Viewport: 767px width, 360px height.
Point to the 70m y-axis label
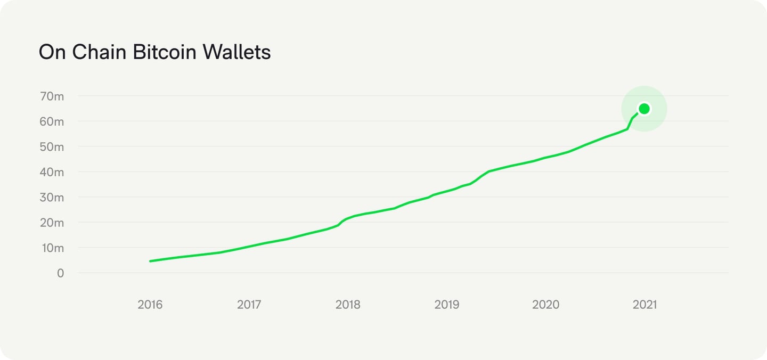tap(52, 96)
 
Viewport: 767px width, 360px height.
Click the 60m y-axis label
tap(52, 121)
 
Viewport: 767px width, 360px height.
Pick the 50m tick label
tap(52, 147)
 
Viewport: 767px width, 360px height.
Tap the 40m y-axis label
tap(52, 172)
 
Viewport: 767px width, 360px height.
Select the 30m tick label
tap(52, 198)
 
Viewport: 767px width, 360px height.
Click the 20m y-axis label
tap(52, 223)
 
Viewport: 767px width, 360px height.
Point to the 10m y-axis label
tap(52, 248)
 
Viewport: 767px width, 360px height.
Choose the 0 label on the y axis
tap(60, 273)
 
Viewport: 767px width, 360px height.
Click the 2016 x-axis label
tap(150, 305)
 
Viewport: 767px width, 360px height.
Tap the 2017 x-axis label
tap(249, 305)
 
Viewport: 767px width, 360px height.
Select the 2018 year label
tap(348, 305)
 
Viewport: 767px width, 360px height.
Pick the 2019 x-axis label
tap(446, 305)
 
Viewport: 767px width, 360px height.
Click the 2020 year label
tap(545, 305)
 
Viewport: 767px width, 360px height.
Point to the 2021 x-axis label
tap(644, 305)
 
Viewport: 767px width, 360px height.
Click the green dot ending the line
tap(644, 109)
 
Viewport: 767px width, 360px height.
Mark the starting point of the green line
tap(151, 261)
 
